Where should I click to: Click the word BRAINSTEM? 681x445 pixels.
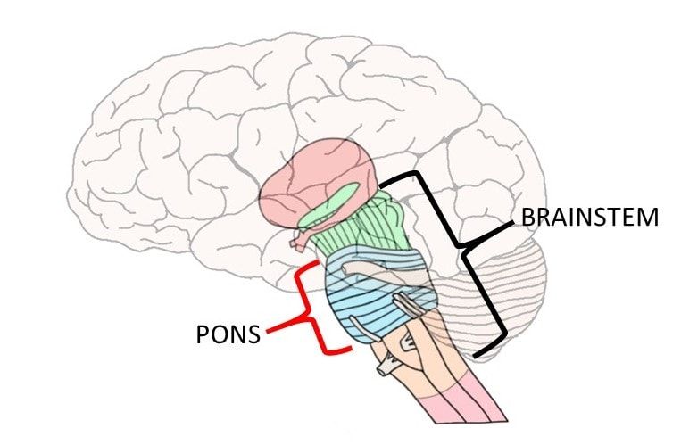point(589,218)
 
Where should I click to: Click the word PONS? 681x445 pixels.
point(228,336)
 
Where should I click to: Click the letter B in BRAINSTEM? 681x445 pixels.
point(528,218)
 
